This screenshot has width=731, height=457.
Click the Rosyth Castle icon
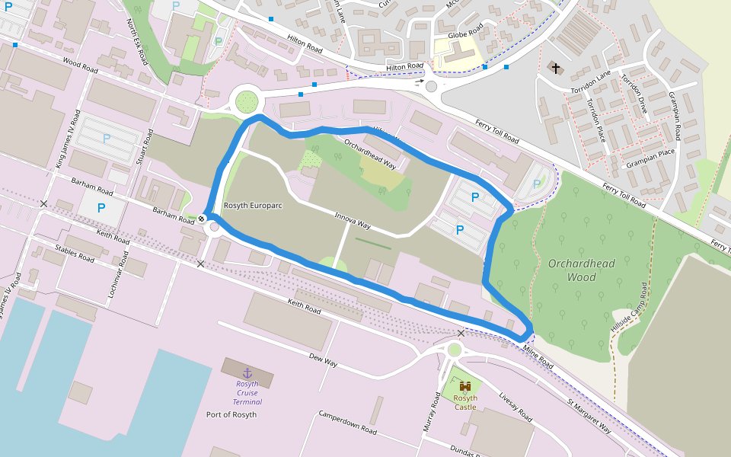coord(465,386)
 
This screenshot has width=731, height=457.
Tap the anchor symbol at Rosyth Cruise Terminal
coord(247,372)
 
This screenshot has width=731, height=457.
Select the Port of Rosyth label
coord(231,414)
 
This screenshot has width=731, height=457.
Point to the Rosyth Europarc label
coord(254,206)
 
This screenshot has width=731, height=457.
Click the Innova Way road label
coord(353,221)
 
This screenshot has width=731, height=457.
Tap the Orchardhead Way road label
coord(370,153)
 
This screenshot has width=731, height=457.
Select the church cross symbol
coord(556,69)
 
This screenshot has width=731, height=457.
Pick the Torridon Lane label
coord(591,84)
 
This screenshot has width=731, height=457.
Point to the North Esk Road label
coord(138,41)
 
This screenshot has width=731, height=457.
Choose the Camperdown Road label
coord(347,421)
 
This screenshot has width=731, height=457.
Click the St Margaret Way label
coord(589,416)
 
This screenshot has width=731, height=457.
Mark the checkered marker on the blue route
coord(202,219)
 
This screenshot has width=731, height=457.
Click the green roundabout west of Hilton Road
coord(247,100)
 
